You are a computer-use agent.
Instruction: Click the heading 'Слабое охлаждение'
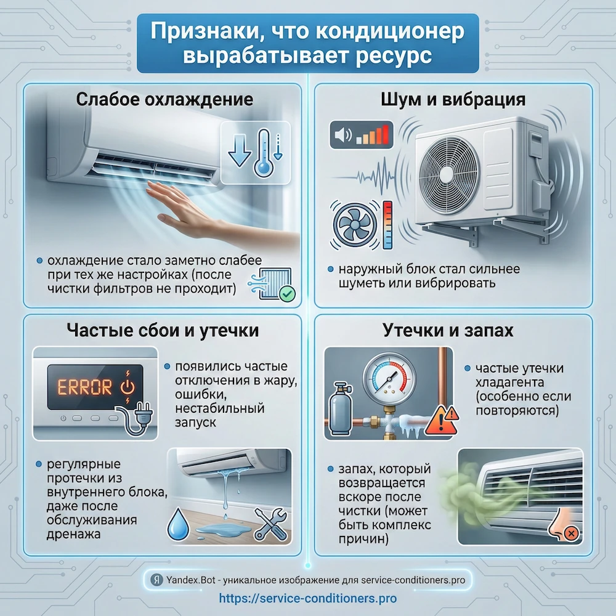(164, 100)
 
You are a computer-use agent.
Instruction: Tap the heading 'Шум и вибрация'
(453, 100)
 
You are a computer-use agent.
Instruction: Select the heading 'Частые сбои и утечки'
(163, 331)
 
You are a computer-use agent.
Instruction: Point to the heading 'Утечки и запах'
(453, 331)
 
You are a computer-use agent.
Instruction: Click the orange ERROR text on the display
(85, 387)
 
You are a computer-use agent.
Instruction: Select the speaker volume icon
(341, 133)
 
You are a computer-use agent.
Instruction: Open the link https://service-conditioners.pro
(308, 598)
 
